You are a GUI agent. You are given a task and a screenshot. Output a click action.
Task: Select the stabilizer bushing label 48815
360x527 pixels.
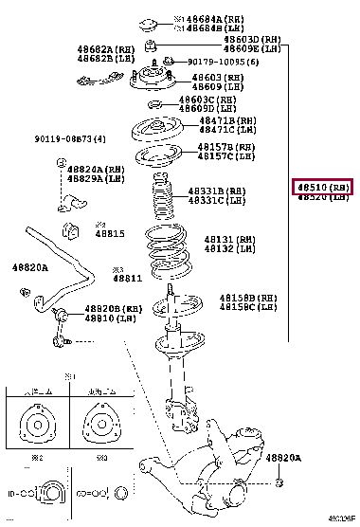pyautogui.click(x=111, y=233)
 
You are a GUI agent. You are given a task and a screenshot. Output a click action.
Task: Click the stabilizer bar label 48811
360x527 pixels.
pyautogui.click(x=127, y=279)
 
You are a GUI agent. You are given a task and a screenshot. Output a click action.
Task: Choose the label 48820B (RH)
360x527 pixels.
pyautogui.click(x=115, y=309)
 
